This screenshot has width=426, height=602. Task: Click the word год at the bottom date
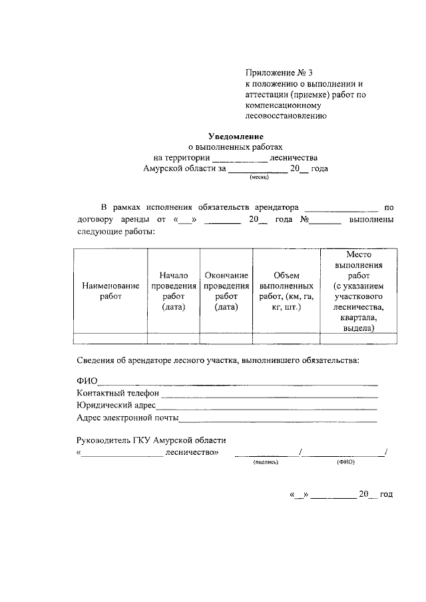click(386, 494)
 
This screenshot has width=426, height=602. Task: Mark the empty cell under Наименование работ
click(110, 338)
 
